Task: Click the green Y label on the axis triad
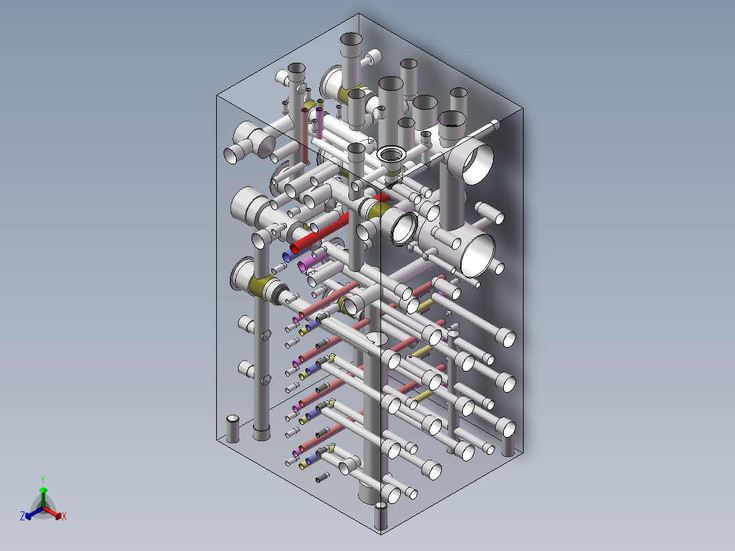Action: pyautogui.click(x=43, y=479)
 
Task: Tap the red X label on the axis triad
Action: pyautogui.click(x=63, y=517)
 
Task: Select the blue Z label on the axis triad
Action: pyautogui.click(x=22, y=517)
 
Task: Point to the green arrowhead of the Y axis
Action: pyautogui.click(x=43, y=490)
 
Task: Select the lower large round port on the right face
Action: pyautogui.click(x=478, y=254)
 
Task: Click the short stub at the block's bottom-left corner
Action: pyautogui.click(x=233, y=428)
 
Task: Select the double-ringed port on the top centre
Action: pyautogui.click(x=391, y=154)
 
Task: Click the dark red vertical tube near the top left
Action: pyautogui.click(x=305, y=133)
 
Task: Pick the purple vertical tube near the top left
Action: pyautogui.click(x=318, y=123)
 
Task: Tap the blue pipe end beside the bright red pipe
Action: pyautogui.click(x=289, y=256)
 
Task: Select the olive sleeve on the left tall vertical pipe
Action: pyautogui.click(x=260, y=286)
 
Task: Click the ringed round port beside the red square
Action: pyautogui.click(x=404, y=228)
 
